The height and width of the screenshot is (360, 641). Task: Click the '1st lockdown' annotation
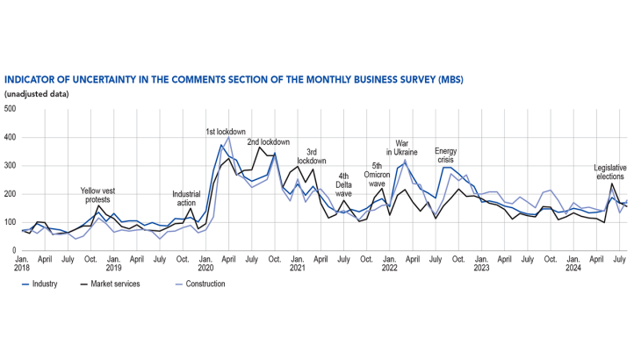[225, 132]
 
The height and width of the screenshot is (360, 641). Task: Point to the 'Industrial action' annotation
[186, 199]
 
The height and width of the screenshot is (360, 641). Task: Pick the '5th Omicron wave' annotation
[377, 175]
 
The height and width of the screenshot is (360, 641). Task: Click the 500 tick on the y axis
[10, 109]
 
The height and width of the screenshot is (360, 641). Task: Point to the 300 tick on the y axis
[10, 166]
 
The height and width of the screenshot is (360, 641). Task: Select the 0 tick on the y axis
[14, 250]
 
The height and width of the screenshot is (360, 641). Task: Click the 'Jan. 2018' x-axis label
[23, 264]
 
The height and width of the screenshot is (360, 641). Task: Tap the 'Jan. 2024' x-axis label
[573, 264]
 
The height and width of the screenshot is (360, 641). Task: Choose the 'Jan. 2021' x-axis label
[298, 264]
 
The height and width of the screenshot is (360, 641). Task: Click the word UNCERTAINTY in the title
[114, 80]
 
